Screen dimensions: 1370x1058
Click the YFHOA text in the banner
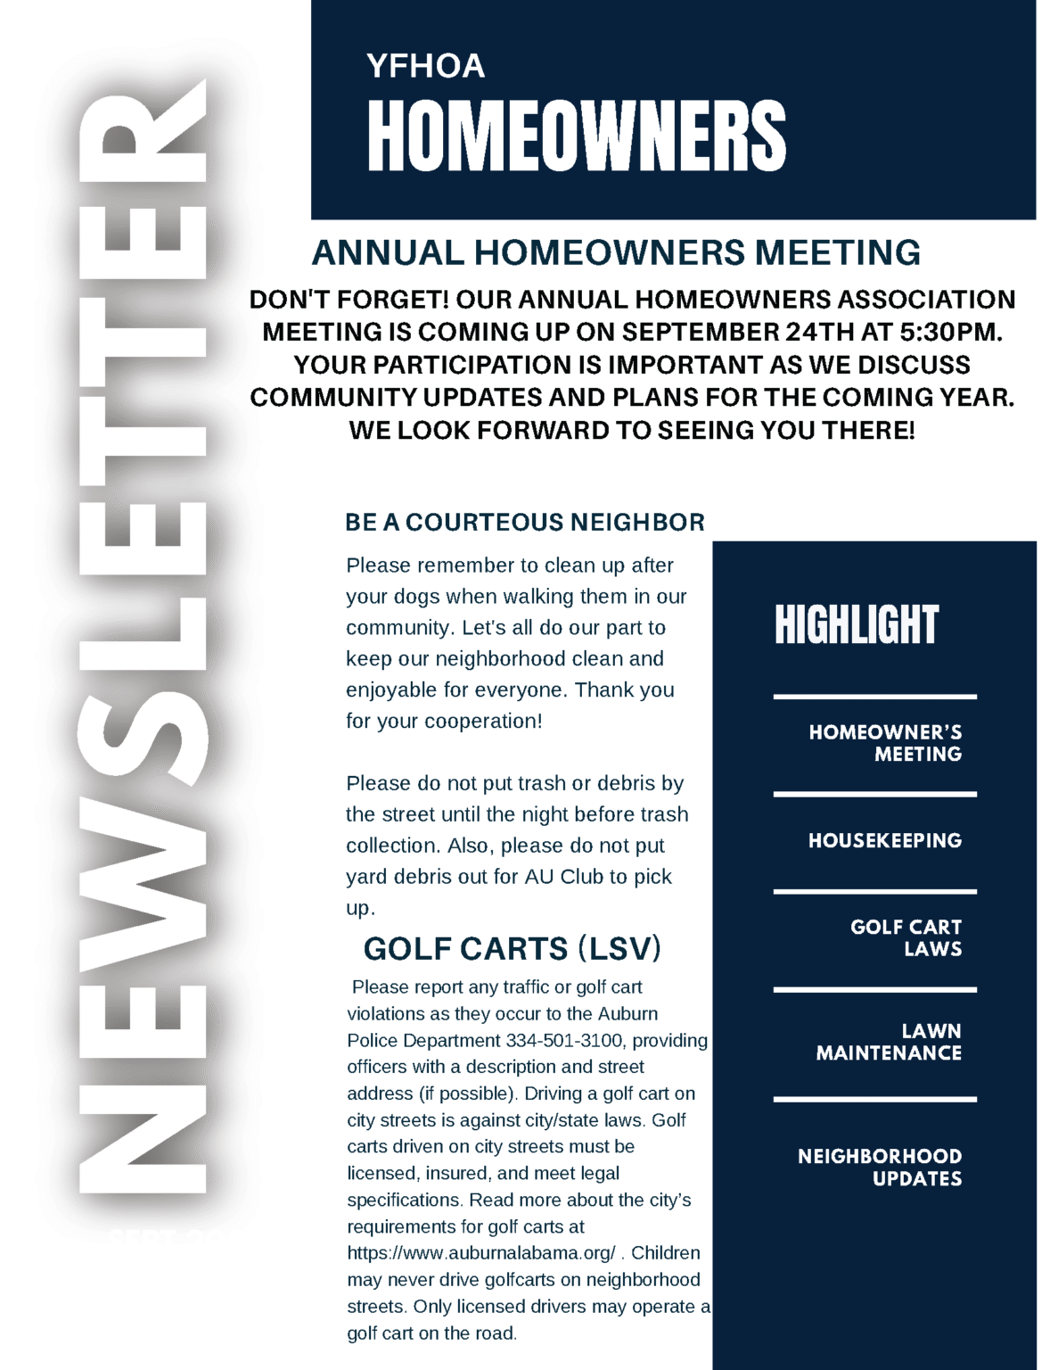425,66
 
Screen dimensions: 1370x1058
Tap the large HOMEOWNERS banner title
577,136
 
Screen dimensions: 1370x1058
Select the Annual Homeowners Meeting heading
616,253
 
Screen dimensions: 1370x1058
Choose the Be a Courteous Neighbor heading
525,522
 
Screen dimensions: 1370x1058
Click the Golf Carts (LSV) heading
513,948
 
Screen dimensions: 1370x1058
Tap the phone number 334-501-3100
565,1040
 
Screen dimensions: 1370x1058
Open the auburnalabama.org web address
481,1253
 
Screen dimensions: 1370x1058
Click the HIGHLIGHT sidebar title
857,624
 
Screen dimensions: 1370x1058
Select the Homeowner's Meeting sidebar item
885,743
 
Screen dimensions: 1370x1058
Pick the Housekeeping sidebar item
885,840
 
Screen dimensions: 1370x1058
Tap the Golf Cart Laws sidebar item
906,937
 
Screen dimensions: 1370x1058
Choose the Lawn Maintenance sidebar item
889,1042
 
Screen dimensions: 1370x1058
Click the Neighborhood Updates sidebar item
880,1167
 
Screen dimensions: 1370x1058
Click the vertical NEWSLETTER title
143,638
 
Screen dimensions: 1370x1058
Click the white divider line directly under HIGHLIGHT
874,697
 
